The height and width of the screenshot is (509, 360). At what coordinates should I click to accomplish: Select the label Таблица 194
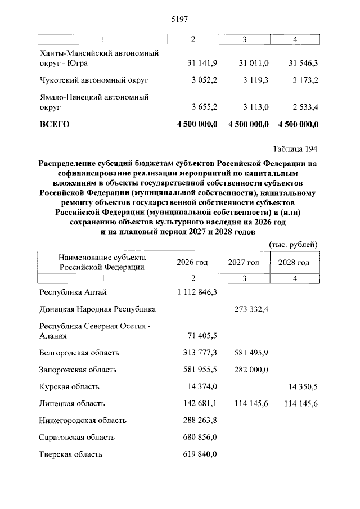[295, 149]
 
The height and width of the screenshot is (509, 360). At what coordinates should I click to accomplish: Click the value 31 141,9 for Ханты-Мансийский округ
[198, 63]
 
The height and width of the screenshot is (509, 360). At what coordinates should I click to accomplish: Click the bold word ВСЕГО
[54, 124]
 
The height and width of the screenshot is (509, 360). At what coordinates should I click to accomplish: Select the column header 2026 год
[192, 263]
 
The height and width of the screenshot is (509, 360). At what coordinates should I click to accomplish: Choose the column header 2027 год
[244, 263]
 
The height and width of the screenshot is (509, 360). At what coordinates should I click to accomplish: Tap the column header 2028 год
[294, 263]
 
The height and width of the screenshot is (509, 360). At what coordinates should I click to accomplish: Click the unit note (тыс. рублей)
[294, 244]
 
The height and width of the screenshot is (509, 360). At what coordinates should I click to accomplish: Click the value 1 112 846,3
[197, 292]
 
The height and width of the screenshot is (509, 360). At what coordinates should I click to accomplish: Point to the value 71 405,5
[201, 336]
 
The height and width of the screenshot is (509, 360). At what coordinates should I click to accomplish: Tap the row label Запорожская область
[78, 370]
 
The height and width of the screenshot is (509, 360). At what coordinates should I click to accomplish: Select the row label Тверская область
[71, 454]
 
